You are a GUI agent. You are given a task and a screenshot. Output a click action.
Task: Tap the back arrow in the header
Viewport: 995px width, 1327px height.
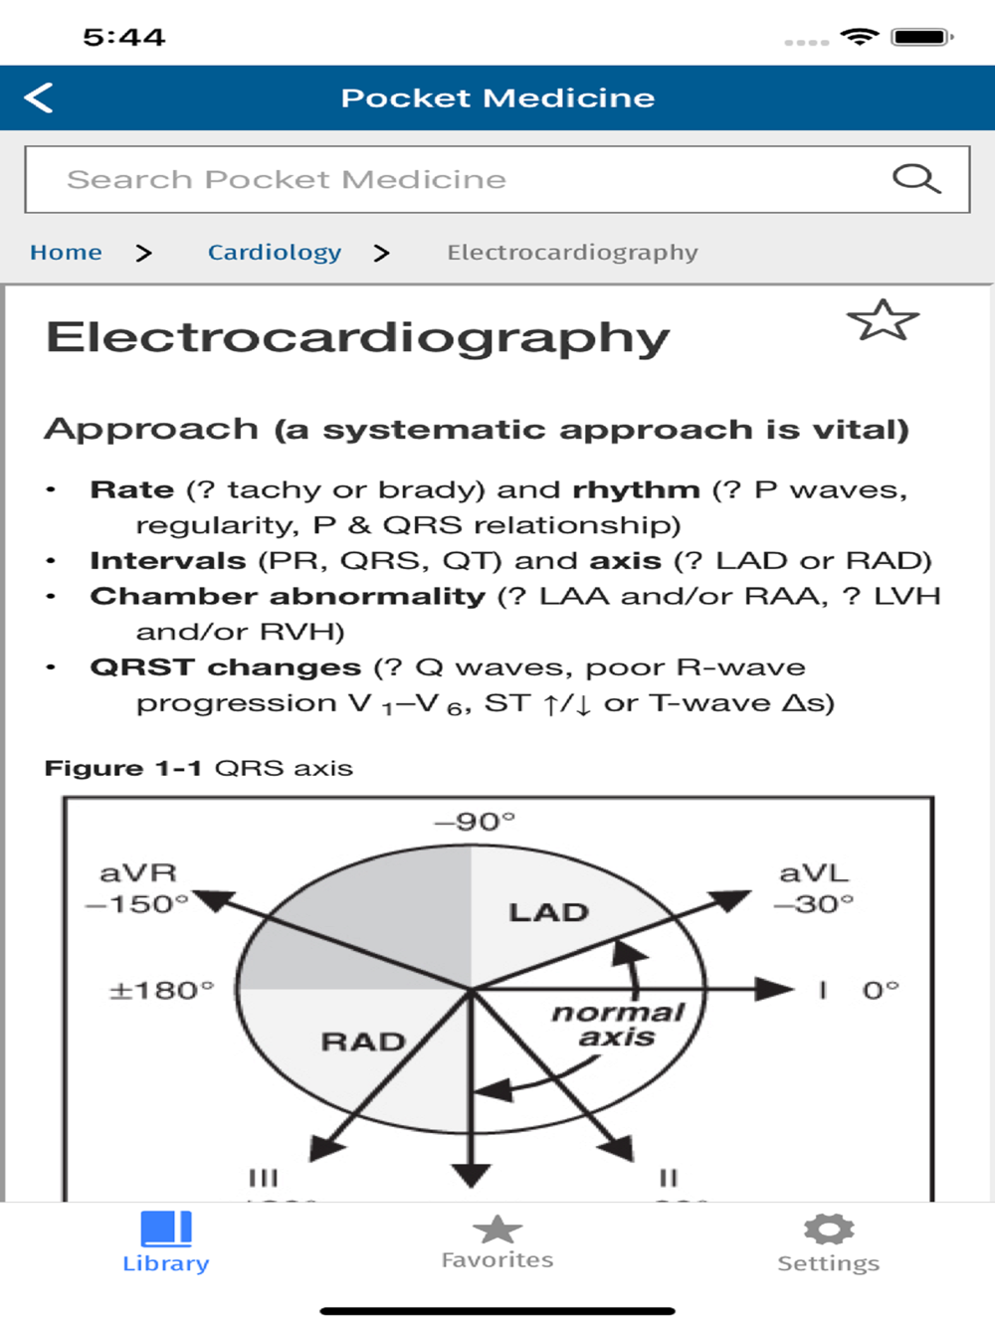coord(39,97)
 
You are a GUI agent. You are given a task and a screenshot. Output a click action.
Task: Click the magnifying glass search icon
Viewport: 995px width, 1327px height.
coord(915,179)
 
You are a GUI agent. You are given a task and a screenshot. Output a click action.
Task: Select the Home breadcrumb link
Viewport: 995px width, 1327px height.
coord(66,253)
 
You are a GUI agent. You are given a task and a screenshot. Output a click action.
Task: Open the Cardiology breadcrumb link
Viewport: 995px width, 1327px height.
coord(275,253)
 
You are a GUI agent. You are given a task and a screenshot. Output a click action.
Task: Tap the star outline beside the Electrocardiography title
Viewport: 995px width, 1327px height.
coord(883,320)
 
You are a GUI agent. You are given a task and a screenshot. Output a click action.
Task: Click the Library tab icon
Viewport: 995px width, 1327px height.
coord(166,1229)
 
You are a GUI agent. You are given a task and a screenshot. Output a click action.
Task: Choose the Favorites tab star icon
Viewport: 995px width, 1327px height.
coord(497,1230)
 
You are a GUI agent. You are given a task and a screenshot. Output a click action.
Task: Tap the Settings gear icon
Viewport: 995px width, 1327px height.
coord(829,1230)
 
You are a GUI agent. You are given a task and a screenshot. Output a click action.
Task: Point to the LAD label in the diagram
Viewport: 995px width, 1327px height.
coord(548,912)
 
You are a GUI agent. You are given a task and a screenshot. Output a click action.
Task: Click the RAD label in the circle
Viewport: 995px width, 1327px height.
coord(363,1042)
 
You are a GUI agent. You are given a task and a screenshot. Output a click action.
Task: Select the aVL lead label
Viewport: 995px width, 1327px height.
coord(814,873)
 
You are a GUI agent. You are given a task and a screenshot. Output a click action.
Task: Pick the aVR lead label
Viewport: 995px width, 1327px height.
coord(138,873)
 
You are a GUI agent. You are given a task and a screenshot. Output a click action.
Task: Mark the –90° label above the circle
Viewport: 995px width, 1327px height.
coord(476,822)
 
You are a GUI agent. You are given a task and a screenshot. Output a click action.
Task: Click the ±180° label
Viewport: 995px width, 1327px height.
coord(161,991)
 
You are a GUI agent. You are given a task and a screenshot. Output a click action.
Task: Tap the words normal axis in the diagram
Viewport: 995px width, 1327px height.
coord(618,1025)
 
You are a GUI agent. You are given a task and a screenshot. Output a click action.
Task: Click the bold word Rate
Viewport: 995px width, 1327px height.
coord(131,489)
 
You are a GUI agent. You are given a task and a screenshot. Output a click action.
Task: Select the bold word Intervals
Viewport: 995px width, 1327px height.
coord(167,561)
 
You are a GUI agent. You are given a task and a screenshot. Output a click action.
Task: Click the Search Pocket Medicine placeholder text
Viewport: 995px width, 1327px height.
coord(287,179)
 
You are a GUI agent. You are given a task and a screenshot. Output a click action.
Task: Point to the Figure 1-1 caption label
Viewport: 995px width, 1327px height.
coord(122,768)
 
